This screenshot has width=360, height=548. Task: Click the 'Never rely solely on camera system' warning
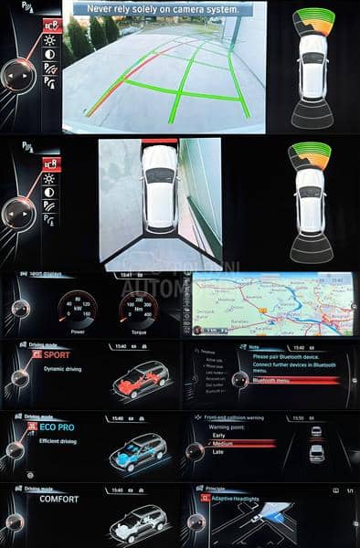tap(165, 9)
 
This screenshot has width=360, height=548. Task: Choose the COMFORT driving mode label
tap(58, 500)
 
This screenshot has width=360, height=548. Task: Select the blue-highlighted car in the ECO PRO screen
tap(137, 450)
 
